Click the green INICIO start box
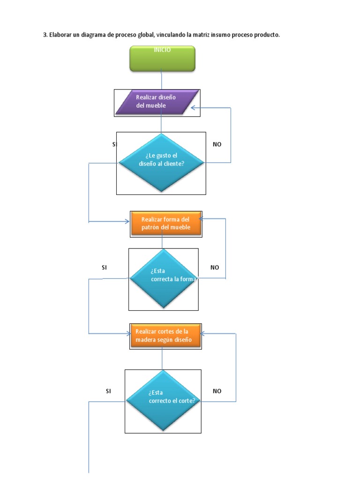[162, 59]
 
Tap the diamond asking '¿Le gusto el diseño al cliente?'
[161, 163]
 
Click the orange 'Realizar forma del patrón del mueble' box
[166, 224]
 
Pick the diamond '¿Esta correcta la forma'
[163, 278]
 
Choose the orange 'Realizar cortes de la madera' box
[165, 336]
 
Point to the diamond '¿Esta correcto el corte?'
[163, 401]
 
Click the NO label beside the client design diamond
[217, 144]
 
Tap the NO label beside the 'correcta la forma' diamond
[215, 268]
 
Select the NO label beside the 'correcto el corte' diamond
[217, 391]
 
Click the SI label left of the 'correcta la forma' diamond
[105, 268]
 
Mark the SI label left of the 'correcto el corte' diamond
[108, 391]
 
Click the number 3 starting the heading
[45, 35]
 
